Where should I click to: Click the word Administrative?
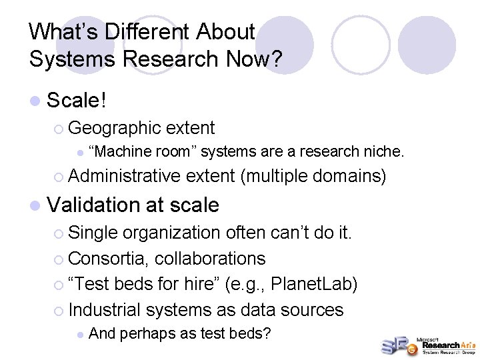coord(125,176)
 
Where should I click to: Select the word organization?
coord(171,233)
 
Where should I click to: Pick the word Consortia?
coord(109,258)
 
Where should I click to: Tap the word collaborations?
coord(210,258)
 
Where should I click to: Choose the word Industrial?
coord(105,309)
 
